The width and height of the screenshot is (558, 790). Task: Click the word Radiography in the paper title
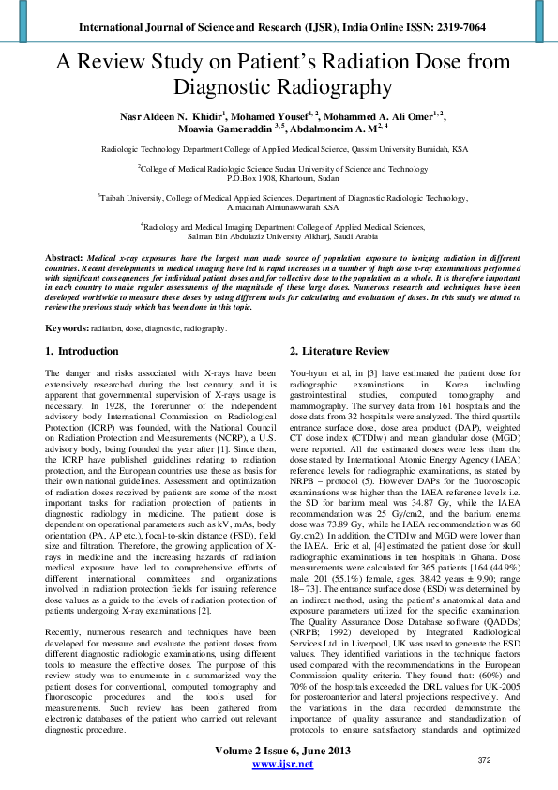point(279,87)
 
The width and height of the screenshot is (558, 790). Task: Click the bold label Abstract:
point(64,257)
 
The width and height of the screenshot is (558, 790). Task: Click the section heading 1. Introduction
point(83,351)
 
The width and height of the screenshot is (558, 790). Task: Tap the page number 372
point(511,759)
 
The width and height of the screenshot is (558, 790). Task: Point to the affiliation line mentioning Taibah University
point(279,199)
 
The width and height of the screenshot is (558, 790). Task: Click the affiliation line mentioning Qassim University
point(279,148)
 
